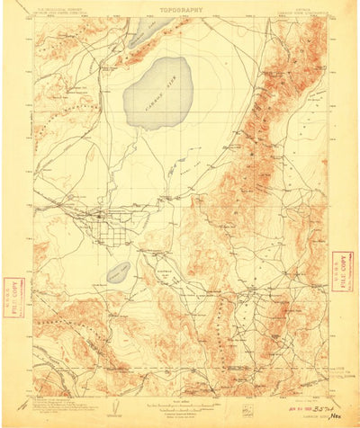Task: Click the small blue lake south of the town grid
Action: (x=118, y=272)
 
